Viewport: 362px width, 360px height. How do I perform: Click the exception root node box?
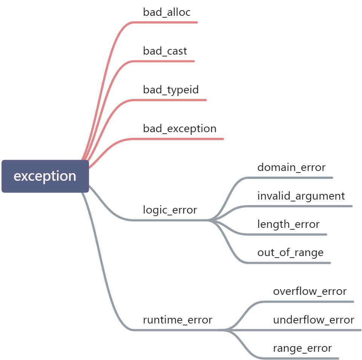pyautogui.click(x=45, y=176)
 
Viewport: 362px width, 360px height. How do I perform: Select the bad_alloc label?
pyautogui.click(x=167, y=12)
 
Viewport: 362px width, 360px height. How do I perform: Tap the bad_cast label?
pyautogui.click(x=165, y=51)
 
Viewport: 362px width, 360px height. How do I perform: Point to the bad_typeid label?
pyautogui.click(x=171, y=90)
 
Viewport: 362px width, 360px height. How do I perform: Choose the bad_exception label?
pyautogui.click(x=179, y=129)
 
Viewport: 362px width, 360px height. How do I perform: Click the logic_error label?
pyautogui.click(x=170, y=210)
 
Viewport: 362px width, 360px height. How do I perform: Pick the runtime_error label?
pyautogui.click(x=177, y=320)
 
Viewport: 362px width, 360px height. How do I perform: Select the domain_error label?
pyautogui.click(x=291, y=167)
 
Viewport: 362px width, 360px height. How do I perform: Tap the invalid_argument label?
pyautogui.click(x=301, y=196)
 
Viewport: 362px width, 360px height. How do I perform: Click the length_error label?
pyautogui.click(x=288, y=224)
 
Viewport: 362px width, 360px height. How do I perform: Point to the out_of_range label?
pyautogui.click(x=290, y=252)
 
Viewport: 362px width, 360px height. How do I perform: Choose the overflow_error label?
pyautogui.click(x=310, y=291)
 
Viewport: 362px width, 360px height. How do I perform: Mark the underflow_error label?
pyautogui.click(x=313, y=320)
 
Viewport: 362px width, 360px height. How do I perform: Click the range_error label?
pyautogui.click(x=302, y=348)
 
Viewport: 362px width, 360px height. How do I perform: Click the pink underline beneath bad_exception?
pyautogui.click(x=181, y=139)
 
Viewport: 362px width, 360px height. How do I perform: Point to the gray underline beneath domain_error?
pyautogui.click(x=294, y=177)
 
